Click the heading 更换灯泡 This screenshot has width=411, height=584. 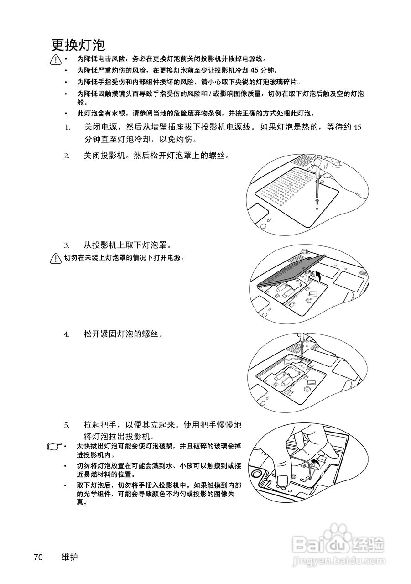[x=78, y=45]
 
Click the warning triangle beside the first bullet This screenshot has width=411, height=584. [x=56, y=59]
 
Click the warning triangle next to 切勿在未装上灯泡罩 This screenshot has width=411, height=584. [x=56, y=258]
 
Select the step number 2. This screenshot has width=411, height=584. [x=67, y=156]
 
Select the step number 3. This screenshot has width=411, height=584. [x=67, y=245]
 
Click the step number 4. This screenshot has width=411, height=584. [x=67, y=334]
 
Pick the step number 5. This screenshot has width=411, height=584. [x=67, y=425]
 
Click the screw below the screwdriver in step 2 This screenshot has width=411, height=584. [x=317, y=201]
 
